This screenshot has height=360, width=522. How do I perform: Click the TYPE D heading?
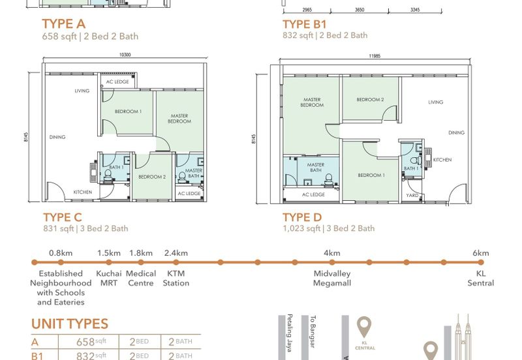click(x=303, y=217)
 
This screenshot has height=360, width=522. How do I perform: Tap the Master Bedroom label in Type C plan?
click(x=179, y=119)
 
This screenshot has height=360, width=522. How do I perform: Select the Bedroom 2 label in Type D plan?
click(x=369, y=100)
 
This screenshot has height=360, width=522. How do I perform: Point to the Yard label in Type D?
click(x=412, y=195)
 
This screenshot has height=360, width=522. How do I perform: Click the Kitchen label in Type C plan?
click(x=82, y=192)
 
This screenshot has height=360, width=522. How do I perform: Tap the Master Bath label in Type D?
click(x=316, y=168)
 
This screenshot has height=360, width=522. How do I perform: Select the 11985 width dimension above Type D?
click(x=374, y=56)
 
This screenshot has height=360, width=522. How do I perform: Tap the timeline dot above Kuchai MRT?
click(x=109, y=263)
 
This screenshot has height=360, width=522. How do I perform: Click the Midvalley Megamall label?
click(x=331, y=278)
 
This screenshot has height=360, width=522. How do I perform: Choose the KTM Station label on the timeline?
click(x=176, y=278)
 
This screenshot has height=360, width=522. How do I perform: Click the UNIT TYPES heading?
click(x=70, y=324)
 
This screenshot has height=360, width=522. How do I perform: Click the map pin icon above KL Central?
click(x=363, y=326)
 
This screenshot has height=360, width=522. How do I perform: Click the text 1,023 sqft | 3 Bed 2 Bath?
click(x=328, y=228)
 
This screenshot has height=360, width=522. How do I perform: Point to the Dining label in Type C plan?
click(x=58, y=137)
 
